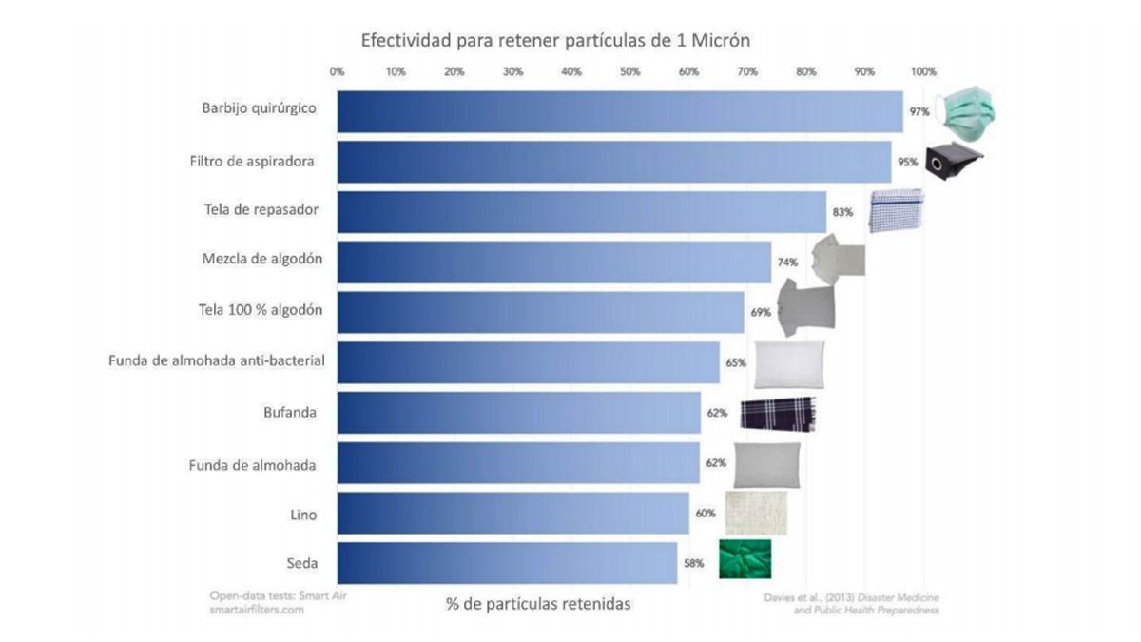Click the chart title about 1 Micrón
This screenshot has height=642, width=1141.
[x=555, y=41]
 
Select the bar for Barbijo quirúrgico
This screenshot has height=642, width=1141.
[x=619, y=111]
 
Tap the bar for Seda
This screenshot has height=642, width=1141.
[x=507, y=563]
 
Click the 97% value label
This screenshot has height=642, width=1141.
[x=919, y=112]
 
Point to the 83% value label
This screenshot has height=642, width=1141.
[x=841, y=212]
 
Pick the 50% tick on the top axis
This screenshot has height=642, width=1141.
[x=629, y=71]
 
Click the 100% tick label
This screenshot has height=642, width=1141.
[x=923, y=71]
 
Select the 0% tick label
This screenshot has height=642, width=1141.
[x=337, y=71]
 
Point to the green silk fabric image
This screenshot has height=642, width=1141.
[x=745, y=558]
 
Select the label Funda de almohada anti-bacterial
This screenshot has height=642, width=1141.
[x=217, y=360]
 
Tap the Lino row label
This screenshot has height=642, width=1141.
[x=302, y=514]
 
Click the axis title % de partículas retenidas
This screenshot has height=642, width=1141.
[x=538, y=604]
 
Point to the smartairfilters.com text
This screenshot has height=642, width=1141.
[x=257, y=611]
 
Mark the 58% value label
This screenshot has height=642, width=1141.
[x=692, y=563]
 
